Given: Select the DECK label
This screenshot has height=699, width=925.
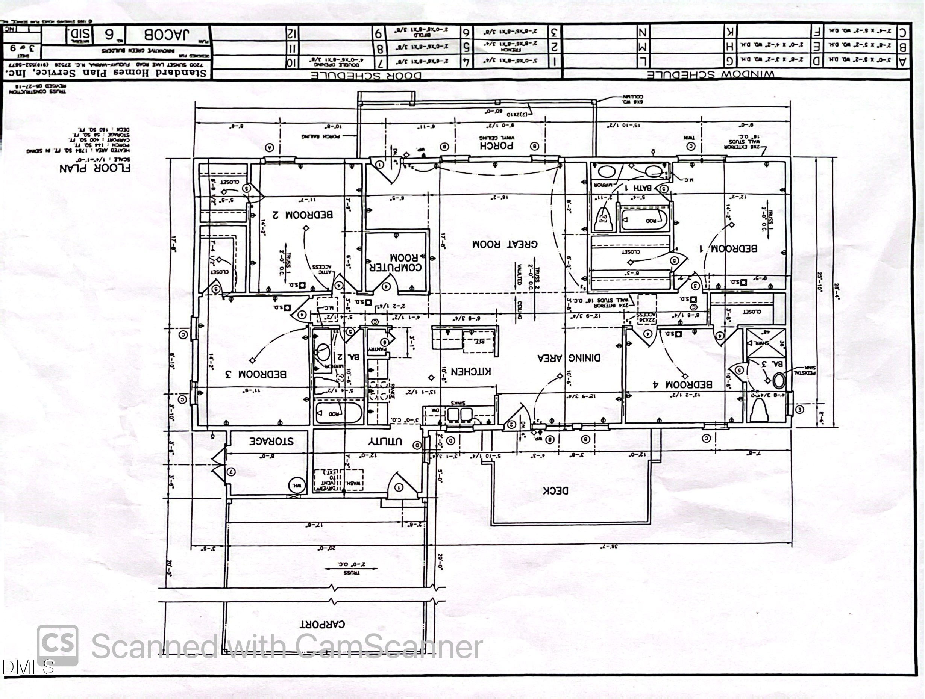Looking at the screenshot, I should (555, 490).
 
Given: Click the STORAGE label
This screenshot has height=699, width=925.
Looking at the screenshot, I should (271, 441).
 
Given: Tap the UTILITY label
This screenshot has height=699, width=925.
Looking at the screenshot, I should (385, 442).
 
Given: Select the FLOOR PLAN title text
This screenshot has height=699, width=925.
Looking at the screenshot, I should (95, 168).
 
